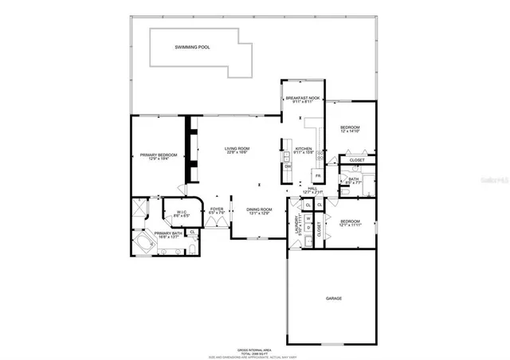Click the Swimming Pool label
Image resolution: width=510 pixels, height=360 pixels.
point(191,48)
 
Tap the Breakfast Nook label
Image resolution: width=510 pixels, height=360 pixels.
point(303,97)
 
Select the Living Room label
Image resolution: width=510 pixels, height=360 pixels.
point(237,149)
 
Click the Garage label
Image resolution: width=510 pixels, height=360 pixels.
point(333,299)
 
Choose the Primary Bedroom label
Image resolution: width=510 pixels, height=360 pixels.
point(159,155)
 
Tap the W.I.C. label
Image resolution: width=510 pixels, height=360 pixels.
point(181,212)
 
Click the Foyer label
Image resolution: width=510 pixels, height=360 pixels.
point(216,209)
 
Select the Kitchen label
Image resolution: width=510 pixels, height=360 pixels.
point(304,149)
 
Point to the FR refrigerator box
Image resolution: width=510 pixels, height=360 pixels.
point(317,175)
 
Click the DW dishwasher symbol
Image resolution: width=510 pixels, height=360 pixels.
point(287,166)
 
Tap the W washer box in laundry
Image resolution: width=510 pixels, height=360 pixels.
point(308,217)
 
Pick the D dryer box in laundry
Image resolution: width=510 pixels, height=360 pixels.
point(308,228)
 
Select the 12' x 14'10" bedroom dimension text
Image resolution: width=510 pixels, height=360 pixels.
point(351,132)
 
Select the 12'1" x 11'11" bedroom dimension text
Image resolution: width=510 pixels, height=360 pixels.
point(351,225)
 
